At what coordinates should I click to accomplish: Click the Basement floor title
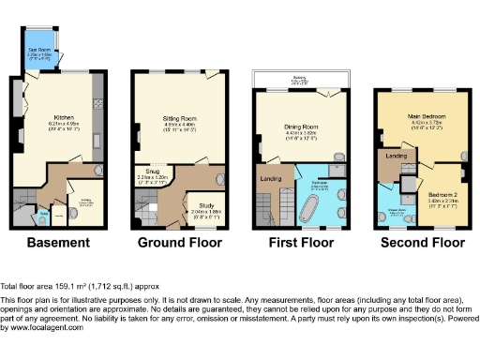click(58, 242)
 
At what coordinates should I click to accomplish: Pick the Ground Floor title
click(179, 242)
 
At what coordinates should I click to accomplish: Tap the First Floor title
click(304, 242)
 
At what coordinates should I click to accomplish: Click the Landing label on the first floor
click(273, 178)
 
